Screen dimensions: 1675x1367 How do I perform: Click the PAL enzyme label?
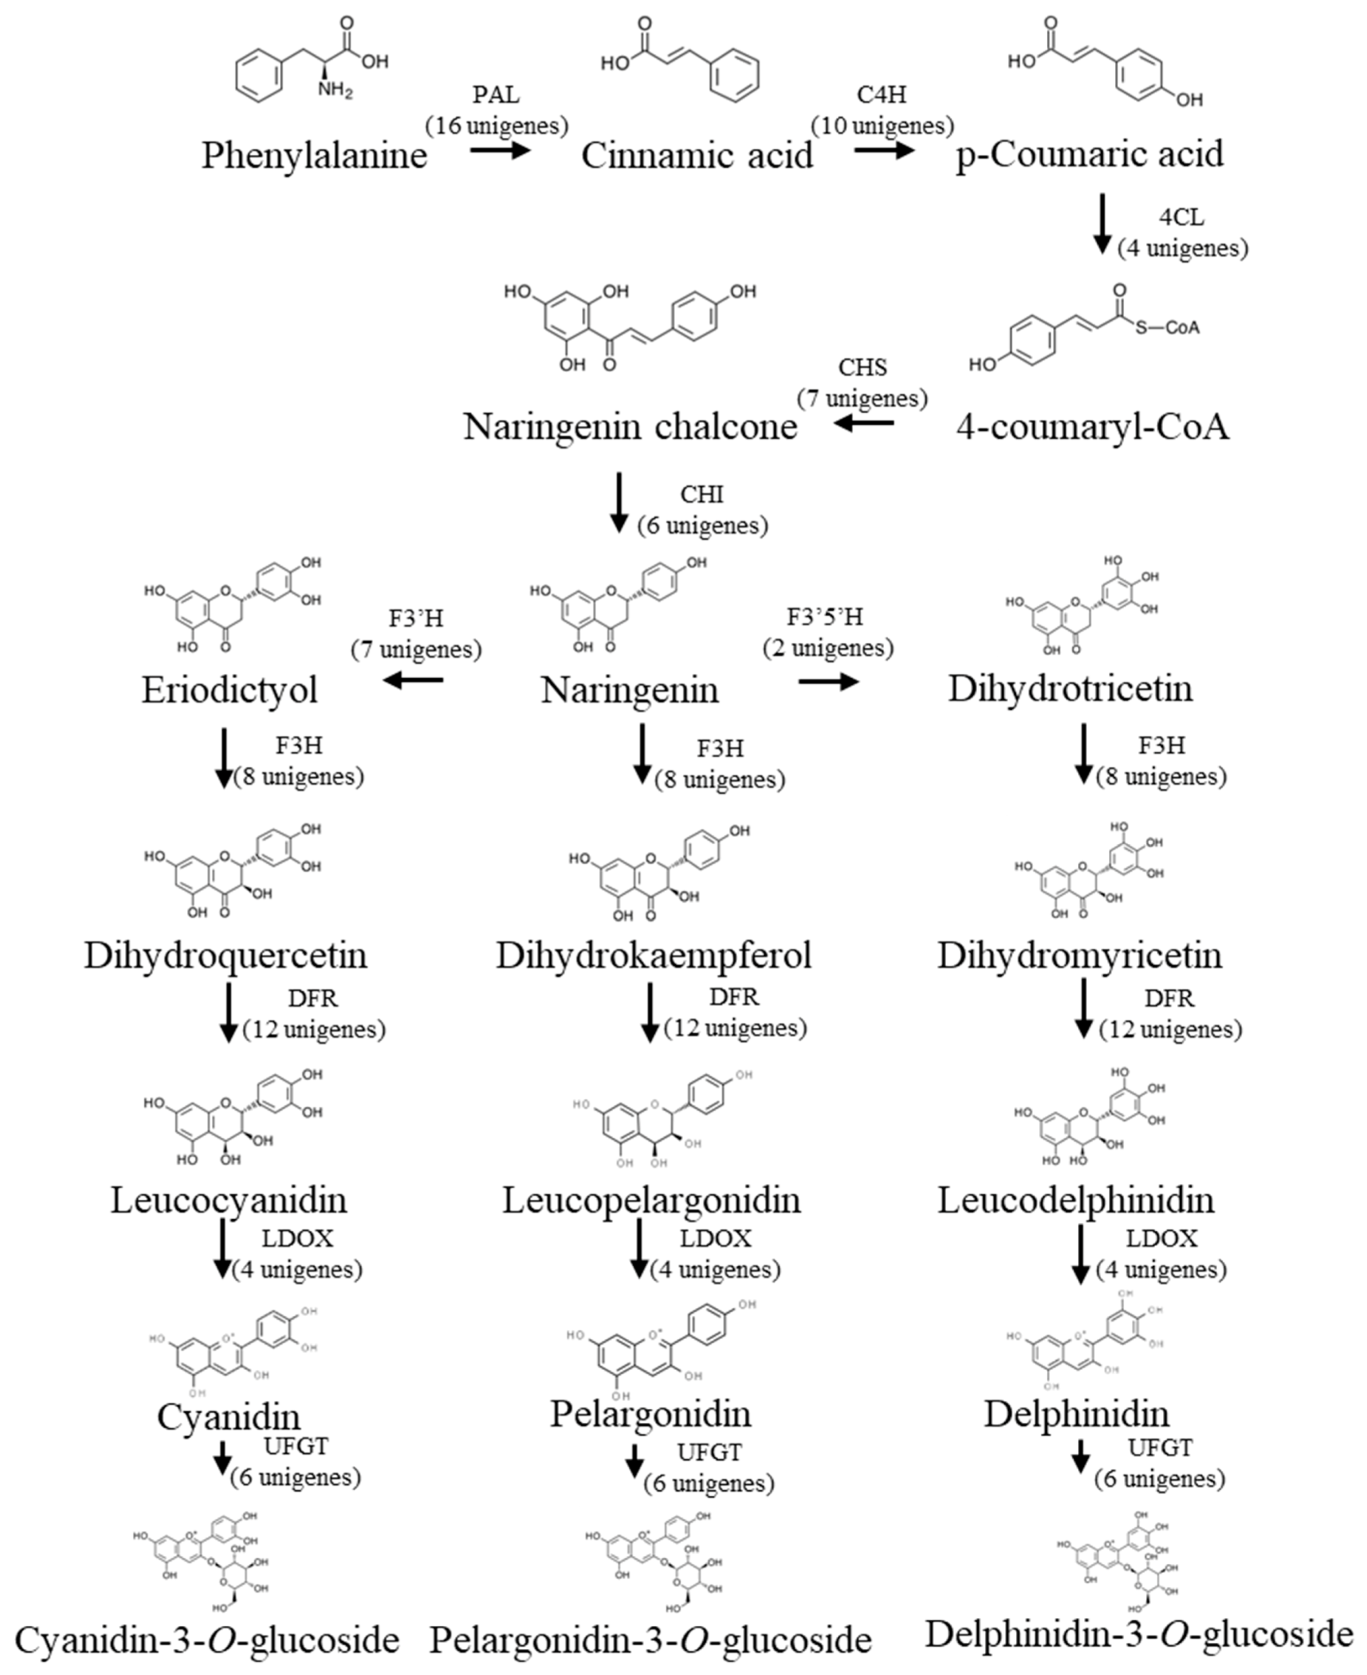(x=496, y=95)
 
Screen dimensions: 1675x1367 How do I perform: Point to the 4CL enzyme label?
(x=1181, y=216)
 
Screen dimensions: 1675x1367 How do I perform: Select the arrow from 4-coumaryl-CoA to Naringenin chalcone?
(x=865, y=424)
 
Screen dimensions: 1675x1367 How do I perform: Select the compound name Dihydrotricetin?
(x=1070, y=688)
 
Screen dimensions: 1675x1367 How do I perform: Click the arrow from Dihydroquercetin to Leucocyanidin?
(x=228, y=1012)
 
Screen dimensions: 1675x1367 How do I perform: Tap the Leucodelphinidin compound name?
(x=1076, y=1200)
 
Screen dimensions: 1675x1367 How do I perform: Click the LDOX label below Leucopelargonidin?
(x=716, y=1239)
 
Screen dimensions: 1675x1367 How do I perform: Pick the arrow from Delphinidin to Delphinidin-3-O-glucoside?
(x=1081, y=1456)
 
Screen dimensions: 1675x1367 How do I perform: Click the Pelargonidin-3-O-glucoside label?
(x=650, y=1640)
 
